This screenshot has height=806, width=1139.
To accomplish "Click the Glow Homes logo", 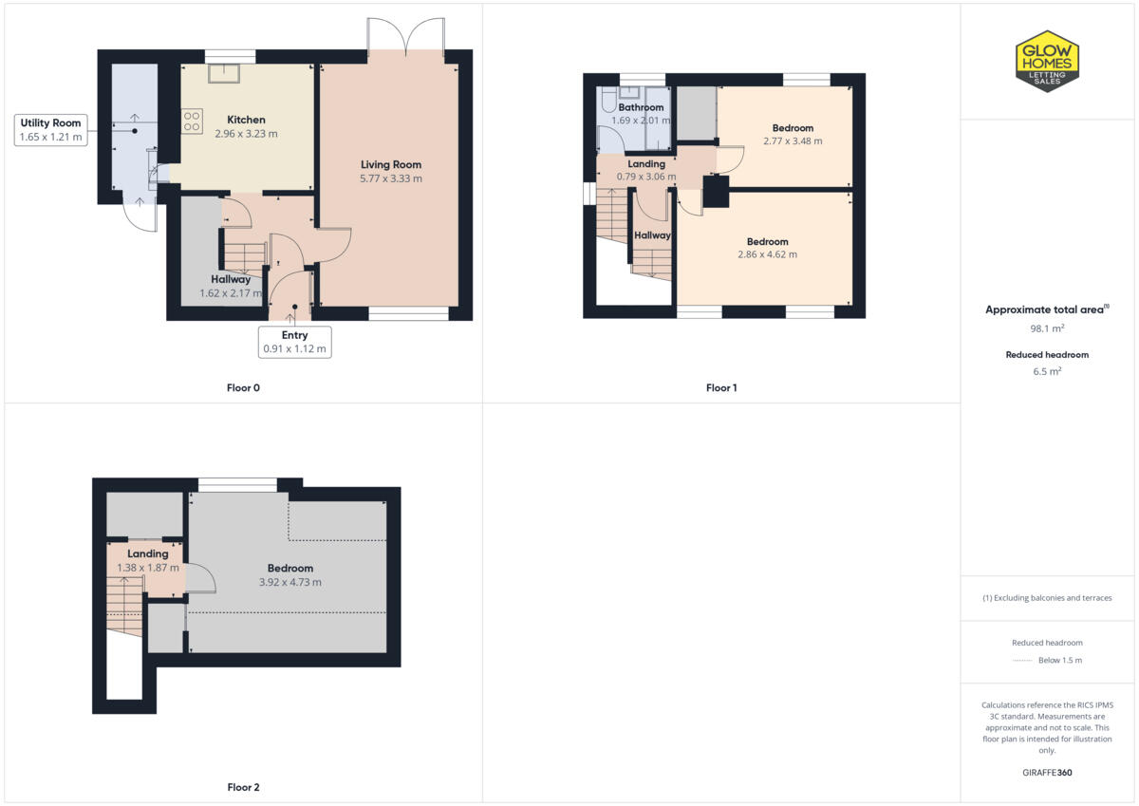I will click(1048, 61).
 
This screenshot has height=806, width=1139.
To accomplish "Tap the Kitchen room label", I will click(246, 120).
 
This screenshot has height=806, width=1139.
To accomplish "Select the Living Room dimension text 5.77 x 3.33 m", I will click(391, 178).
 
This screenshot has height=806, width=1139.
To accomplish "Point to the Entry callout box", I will click(294, 342).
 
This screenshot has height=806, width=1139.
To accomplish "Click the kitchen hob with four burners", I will click(193, 121).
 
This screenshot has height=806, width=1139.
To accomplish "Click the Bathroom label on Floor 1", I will click(641, 107).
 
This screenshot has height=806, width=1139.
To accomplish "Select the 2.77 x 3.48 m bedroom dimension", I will click(793, 141).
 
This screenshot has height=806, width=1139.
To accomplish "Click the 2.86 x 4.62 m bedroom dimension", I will click(767, 254).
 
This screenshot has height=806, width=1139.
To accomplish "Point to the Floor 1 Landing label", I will click(646, 164).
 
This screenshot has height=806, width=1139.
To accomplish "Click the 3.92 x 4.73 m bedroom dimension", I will click(289, 582).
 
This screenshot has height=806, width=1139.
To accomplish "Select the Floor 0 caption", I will click(244, 387).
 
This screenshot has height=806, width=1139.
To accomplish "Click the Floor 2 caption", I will click(243, 787).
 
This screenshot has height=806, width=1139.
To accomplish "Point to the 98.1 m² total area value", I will click(1047, 328).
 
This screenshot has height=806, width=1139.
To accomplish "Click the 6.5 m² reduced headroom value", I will click(1047, 371).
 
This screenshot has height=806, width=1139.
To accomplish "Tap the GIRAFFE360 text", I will click(1047, 773).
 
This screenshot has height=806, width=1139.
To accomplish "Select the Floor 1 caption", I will click(721, 387).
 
